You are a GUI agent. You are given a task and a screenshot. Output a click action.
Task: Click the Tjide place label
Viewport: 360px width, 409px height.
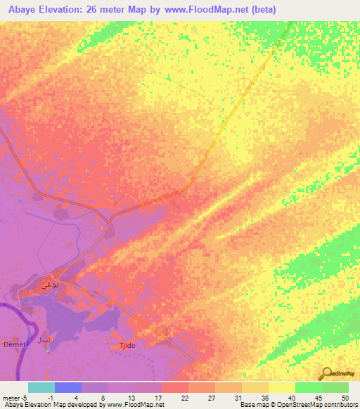pos(127,346)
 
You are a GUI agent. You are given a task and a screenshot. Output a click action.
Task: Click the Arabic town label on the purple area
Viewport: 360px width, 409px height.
pos(63,285)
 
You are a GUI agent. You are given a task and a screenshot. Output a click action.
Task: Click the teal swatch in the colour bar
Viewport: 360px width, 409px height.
pos(41,387)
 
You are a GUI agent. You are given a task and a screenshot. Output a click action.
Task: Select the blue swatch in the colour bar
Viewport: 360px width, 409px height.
pos(68,387)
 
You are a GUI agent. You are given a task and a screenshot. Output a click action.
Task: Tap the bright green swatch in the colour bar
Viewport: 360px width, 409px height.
pos(309,387)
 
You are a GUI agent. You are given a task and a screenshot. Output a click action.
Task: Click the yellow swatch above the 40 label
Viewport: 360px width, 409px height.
pos(282,387)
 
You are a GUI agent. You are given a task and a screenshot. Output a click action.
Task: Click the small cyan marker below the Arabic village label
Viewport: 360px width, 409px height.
pos(48,351)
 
